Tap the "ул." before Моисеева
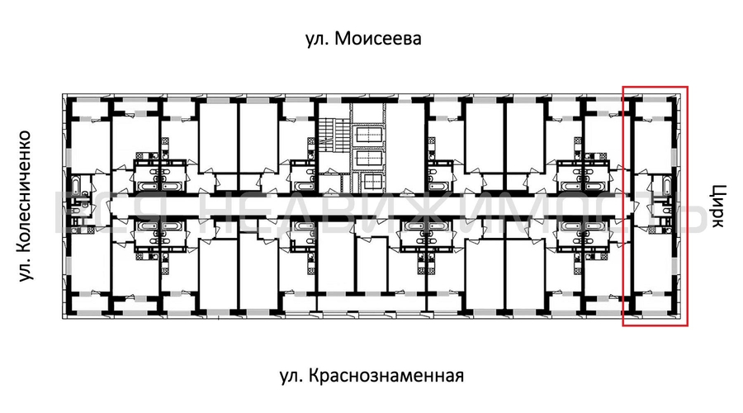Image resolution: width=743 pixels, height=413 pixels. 319,39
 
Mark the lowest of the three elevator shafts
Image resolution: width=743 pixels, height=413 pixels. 369,181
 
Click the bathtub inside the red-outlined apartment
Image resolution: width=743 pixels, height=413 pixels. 660,188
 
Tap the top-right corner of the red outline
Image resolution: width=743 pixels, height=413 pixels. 687,86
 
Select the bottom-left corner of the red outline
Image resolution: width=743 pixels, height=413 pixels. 623,325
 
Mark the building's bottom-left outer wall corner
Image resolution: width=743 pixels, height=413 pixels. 63,317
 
